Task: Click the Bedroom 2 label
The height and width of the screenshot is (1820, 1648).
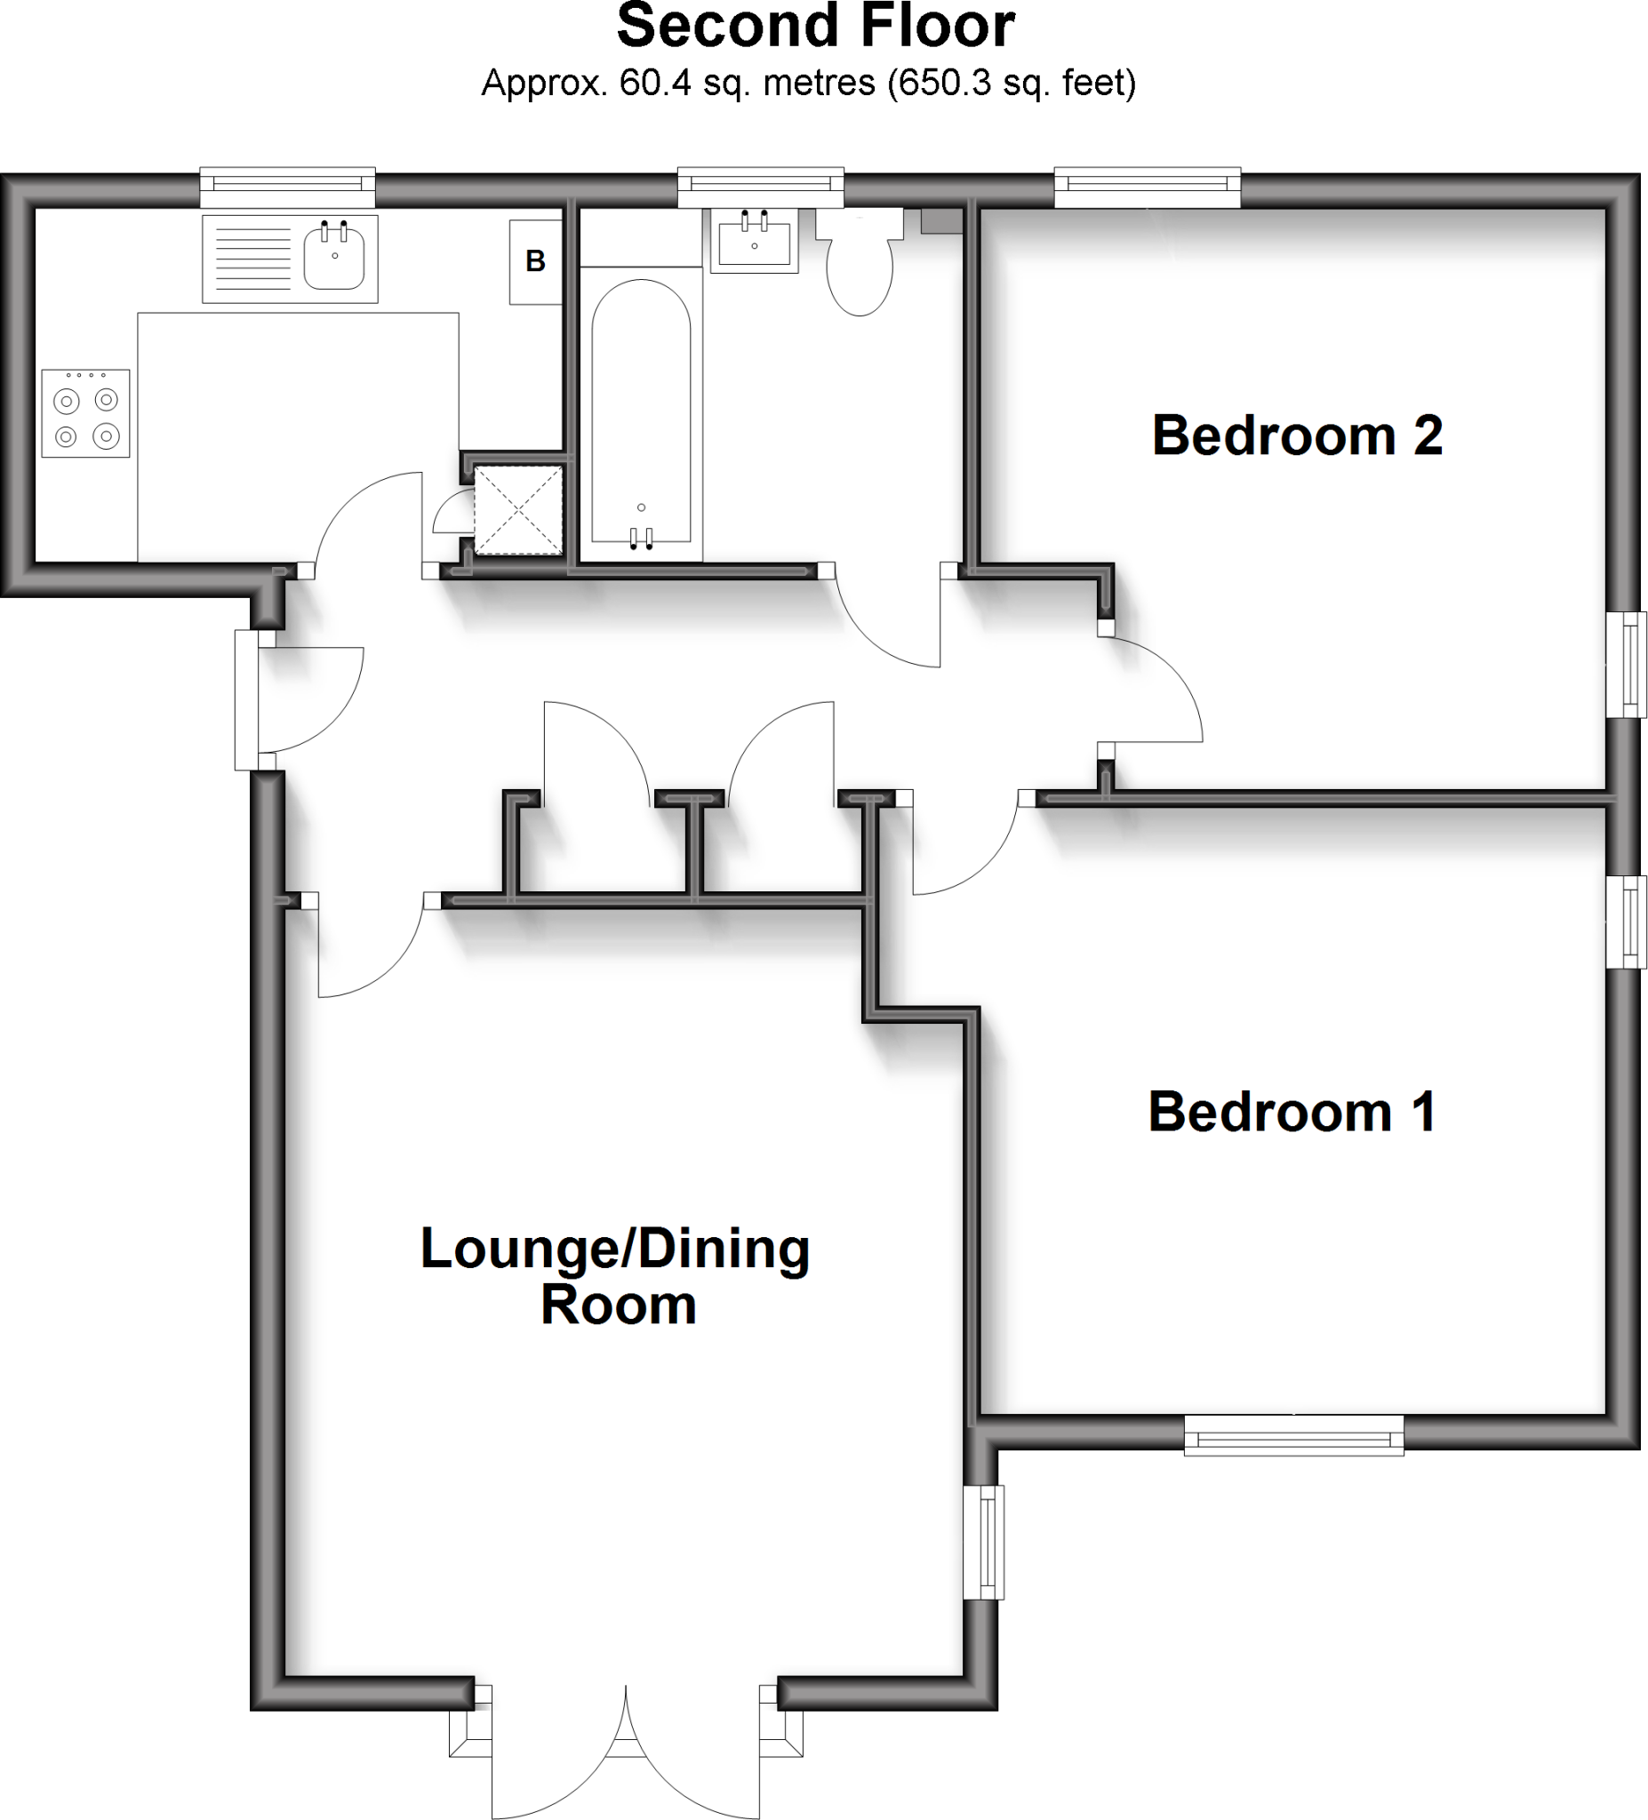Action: click(x=1297, y=436)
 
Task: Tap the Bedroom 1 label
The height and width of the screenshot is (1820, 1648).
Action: click(x=1292, y=1112)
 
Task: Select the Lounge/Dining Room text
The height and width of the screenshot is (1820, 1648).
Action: click(x=616, y=1276)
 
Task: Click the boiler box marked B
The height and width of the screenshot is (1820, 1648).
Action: click(x=535, y=262)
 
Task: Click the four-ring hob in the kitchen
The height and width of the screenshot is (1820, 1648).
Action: click(x=86, y=413)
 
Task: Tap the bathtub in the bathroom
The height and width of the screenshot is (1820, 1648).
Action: click(x=641, y=415)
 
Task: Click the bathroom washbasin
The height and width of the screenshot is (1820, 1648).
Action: click(x=754, y=241)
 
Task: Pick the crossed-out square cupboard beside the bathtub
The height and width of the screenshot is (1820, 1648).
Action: click(x=518, y=510)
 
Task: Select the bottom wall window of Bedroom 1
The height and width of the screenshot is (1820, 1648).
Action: click(x=1293, y=1435)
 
